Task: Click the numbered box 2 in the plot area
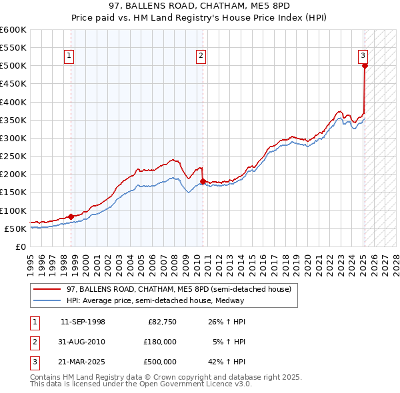(201, 56)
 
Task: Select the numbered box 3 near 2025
(363, 56)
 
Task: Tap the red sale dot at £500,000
(365, 65)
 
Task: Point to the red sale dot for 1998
(71, 216)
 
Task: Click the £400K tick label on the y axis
(13, 102)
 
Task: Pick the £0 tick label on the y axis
(20, 246)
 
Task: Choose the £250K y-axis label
(13, 156)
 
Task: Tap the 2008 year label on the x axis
(175, 259)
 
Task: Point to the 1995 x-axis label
(31, 259)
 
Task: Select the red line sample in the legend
(47, 290)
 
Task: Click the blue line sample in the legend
(47, 300)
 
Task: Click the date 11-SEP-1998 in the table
(83, 322)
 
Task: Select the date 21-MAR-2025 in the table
(83, 362)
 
